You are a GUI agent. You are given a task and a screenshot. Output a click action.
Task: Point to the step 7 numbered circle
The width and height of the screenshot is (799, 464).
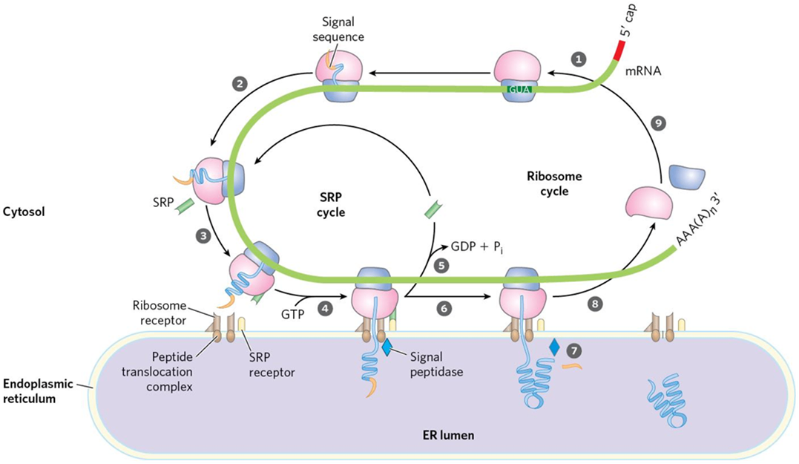(x=571, y=347)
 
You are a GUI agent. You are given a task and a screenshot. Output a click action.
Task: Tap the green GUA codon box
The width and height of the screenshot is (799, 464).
(x=518, y=89)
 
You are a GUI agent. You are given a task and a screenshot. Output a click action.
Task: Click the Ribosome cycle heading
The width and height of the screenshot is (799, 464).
(x=555, y=184)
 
